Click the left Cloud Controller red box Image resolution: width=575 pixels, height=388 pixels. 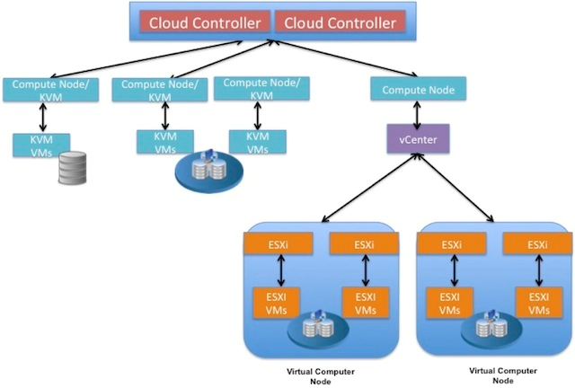[x=204, y=22]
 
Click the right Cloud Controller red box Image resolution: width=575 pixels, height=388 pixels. [x=340, y=22]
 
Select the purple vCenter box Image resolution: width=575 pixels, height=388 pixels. [x=411, y=140]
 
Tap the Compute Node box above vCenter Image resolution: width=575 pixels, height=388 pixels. [x=418, y=91]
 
